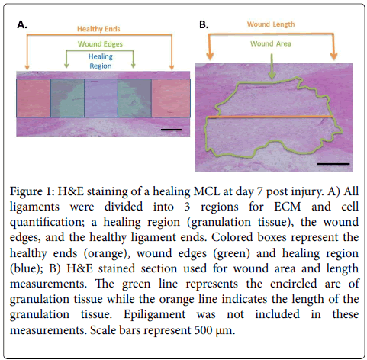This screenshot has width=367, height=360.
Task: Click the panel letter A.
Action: pos(22,24)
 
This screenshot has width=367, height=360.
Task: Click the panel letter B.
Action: pos(204,24)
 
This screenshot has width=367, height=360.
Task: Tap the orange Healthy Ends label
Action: pos(98,29)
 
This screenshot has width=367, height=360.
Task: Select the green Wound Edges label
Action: pos(100,44)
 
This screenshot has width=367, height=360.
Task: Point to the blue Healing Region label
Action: pos(101,61)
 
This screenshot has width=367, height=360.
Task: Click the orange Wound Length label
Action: pos(271,24)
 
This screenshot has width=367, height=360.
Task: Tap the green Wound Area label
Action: pos(271,43)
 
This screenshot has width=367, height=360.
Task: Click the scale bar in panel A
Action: pos(171,130)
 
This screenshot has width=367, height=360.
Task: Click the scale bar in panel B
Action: pos(333,164)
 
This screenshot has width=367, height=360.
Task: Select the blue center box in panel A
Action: pos(101,98)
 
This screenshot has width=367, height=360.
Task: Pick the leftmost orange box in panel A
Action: pos(34,98)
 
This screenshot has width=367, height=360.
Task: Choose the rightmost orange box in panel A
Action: pos(171,98)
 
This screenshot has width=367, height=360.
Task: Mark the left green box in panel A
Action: pos(67,98)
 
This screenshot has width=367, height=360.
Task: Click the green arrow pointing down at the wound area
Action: pos(272,66)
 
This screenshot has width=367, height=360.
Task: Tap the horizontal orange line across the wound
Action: pos(270,117)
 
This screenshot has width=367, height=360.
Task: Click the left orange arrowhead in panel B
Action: pos(210,56)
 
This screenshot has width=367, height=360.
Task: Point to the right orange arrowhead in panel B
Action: pos(333,56)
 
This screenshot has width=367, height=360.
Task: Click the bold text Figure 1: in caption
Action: pos(32,191)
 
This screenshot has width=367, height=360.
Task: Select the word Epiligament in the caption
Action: pos(154,315)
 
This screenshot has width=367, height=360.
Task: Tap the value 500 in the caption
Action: pos(203,330)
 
